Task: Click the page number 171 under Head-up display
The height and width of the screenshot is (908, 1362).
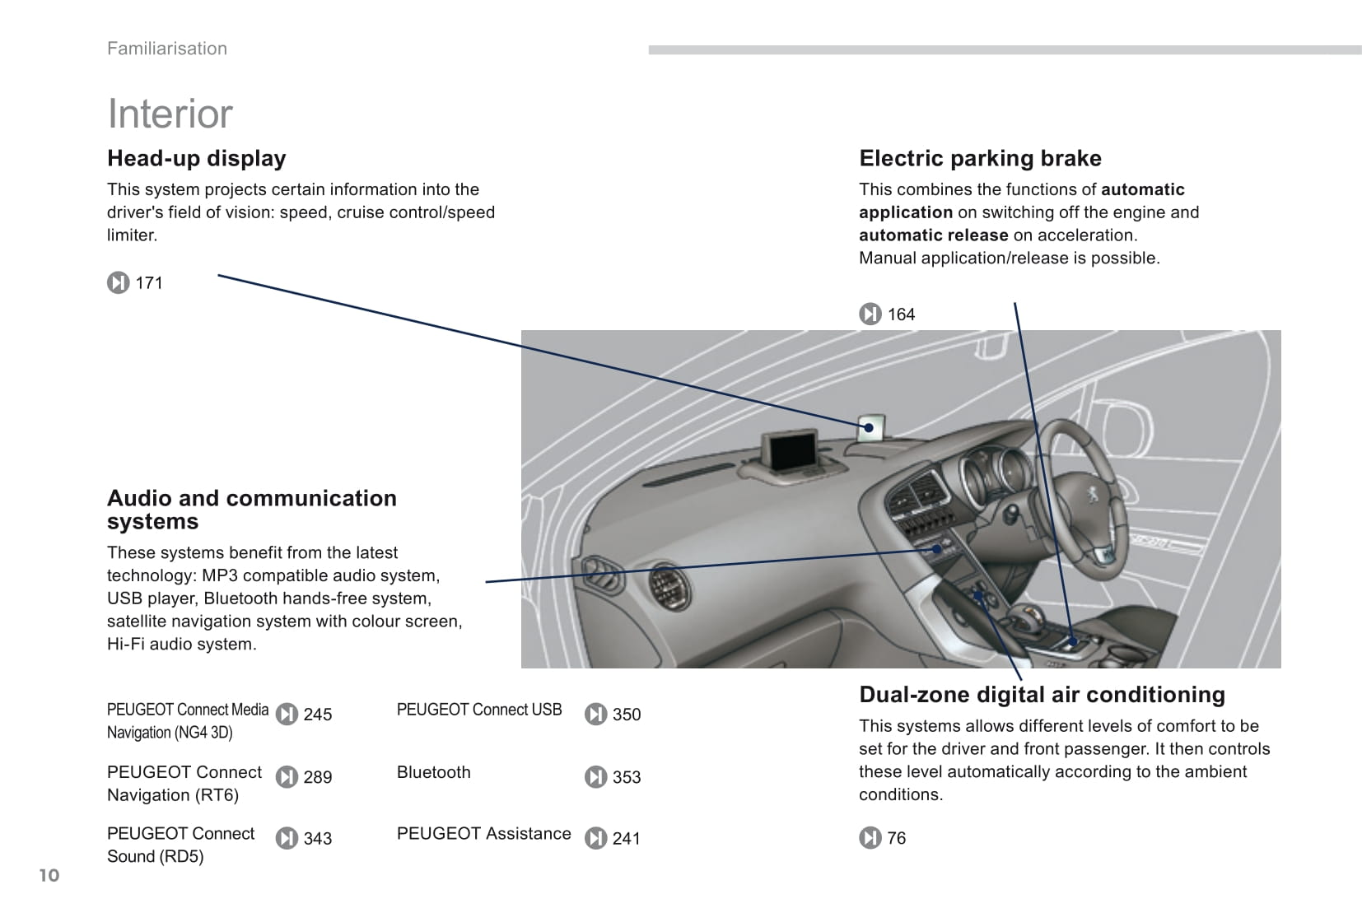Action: tap(149, 283)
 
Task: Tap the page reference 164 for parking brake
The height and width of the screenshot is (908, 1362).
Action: tap(901, 314)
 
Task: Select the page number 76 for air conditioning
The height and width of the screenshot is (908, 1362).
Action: tap(896, 838)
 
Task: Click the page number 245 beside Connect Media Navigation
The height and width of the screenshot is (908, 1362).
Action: tap(317, 715)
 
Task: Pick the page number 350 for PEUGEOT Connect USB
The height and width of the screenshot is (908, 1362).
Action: tap(626, 715)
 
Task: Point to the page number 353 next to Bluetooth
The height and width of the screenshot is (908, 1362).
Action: tap(626, 777)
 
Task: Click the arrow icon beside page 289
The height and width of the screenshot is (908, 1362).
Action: tap(287, 777)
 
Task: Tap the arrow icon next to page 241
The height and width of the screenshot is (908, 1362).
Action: tap(595, 838)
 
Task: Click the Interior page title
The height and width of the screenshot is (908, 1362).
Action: tap(170, 114)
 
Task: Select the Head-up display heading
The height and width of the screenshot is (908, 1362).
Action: tap(197, 158)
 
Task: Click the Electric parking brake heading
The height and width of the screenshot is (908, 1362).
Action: tap(980, 158)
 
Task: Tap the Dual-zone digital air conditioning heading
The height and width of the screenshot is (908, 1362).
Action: tap(1042, 695)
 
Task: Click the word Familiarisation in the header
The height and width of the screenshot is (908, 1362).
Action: tap(167, 49)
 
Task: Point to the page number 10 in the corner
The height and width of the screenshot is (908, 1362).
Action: tap(49, 875)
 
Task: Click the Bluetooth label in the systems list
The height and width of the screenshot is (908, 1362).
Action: tap(434, 772)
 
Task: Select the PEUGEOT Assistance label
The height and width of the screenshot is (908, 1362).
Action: tap(483, 833)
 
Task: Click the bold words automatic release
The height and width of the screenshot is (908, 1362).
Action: tap(933, 235)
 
